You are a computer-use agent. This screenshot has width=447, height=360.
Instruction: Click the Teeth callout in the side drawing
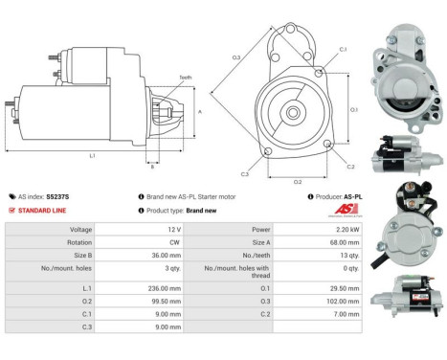pyautogui.click(x=185, y=77)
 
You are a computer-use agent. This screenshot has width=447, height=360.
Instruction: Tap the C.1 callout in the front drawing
pyautogui.click(x=342, y=49)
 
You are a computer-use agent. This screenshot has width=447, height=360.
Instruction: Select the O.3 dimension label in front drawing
pyautogui.click(x=236, y=57)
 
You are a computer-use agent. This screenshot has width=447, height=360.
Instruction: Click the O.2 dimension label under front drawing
pyautogui.click(x=297, y=180)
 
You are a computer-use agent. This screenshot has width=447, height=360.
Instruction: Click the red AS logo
pyautogui.click(x=349, y=211)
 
